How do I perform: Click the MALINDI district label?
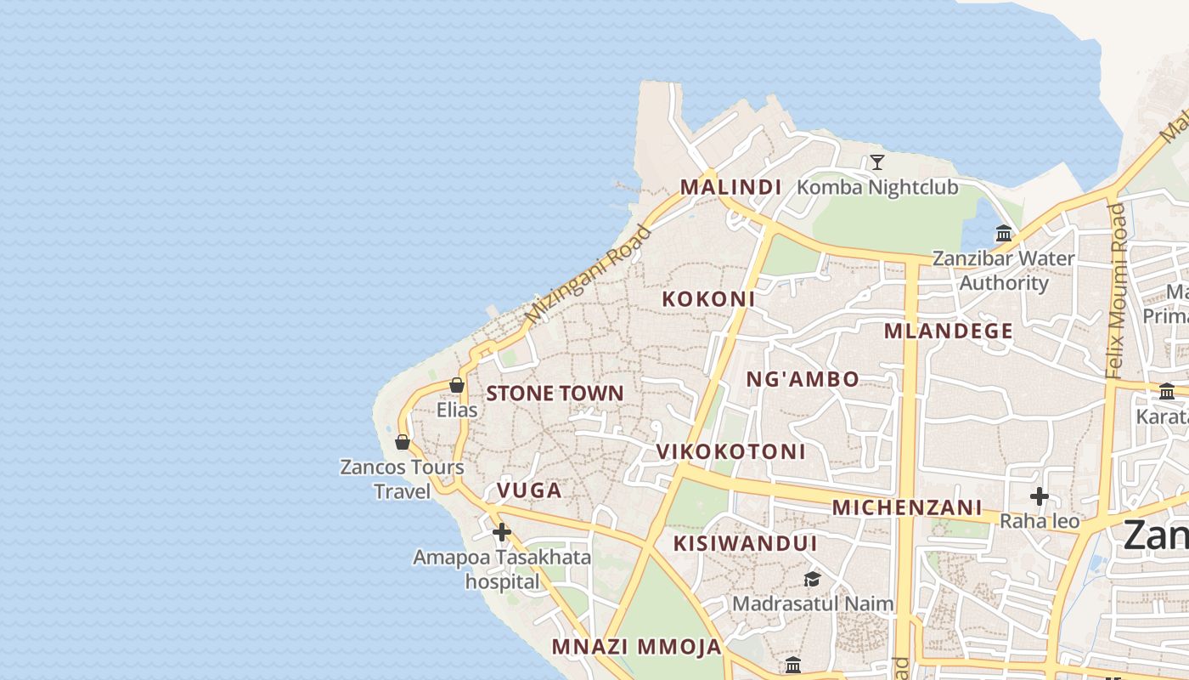click(x=730, y=187)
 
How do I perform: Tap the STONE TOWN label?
click(x=555, y=394)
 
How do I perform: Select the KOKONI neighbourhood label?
click(x=708, y=299)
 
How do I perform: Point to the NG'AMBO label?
click(x=803, y=379)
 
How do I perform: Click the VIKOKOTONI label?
click(x=730, y=451)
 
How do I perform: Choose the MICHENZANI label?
click(x=906, y=508)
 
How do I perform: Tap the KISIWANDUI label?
click(x=745, y=543)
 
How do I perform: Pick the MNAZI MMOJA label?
click(x=636, y=647)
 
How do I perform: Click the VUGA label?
click(x=529, y=490)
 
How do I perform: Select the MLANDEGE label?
click(x=949, y=331)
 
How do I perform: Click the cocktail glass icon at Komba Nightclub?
click(x=877, y=162)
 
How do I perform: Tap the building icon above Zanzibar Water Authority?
click(x=1004, y=233)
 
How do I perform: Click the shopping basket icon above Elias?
click(x=457, y=385)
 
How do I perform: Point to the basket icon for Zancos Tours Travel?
click(x=403, y=442)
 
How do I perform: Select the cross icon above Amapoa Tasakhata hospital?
click(x=502, y=532)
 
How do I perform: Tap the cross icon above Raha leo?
click(x=1039, y=496)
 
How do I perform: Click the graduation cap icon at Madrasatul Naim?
click(x=813, y=579)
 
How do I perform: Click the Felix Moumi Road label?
click(x=1116, y=289)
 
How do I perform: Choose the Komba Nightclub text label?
click(x=877, y=187)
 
